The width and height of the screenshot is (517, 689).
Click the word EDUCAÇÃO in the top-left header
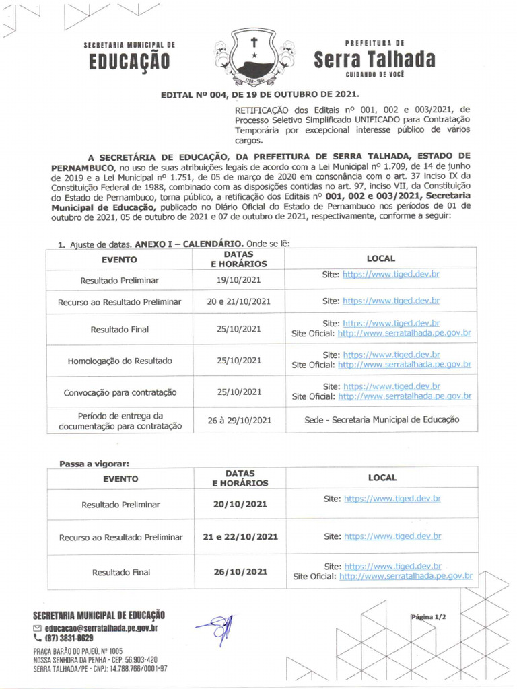point(129,62)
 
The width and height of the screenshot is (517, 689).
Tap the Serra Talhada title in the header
point(374,59)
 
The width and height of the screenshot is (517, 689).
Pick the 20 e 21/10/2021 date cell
point(239,301)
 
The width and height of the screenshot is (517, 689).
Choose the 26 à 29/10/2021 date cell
point(239,420)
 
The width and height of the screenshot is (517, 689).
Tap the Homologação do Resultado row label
point(120,361)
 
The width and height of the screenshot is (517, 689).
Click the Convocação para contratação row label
point(120,392)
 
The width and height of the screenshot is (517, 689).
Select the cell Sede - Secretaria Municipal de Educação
point(382,419)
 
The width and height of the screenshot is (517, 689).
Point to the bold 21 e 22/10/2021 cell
point(240,537)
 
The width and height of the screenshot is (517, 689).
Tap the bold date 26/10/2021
point(240,572)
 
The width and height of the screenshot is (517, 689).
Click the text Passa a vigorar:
point(94,464)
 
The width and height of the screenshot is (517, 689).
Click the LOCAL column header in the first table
point(380,258)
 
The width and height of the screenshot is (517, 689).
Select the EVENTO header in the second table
point(120,479)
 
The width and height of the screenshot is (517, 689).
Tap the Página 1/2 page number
point(428,616)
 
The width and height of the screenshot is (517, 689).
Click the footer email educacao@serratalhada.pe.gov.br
point(100,628)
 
